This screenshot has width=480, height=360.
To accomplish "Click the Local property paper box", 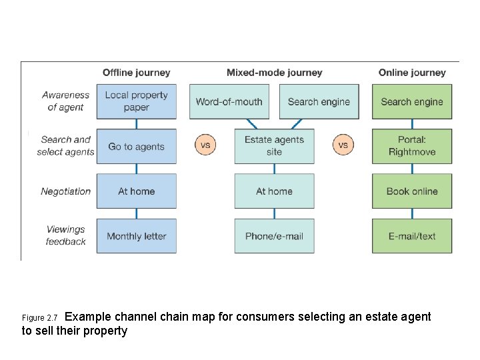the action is (137, 101).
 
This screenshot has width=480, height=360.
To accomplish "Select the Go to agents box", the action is (137, 146).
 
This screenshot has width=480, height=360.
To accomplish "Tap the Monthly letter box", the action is (137, 236).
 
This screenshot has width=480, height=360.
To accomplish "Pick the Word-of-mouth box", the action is (229, 101).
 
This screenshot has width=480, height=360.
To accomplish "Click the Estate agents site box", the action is (274, 146).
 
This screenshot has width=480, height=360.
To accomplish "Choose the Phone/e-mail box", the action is (274, 236).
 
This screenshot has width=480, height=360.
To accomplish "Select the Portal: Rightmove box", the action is (412, 146).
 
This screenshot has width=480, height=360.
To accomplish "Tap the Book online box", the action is (412, 191).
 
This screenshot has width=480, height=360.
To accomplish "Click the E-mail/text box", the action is (412, 236).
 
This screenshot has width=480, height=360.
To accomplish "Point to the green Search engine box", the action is (412, 101).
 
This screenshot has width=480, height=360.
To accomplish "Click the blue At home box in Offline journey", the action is (137, 191).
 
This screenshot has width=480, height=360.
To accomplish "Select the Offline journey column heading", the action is (137, 73).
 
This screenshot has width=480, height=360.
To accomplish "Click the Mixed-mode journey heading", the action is (275, 73).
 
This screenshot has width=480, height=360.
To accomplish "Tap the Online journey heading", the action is (412, 73).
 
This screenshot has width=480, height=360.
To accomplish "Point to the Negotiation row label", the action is (65, 191).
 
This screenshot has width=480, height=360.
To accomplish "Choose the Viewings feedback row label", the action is (65, 235).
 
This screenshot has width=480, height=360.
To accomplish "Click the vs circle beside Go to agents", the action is (205, 145).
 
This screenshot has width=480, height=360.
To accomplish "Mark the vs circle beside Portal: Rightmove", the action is (343, 145).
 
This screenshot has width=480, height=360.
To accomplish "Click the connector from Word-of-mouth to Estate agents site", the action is (252, 124).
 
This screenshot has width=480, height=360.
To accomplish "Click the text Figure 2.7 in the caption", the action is (39, 318).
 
